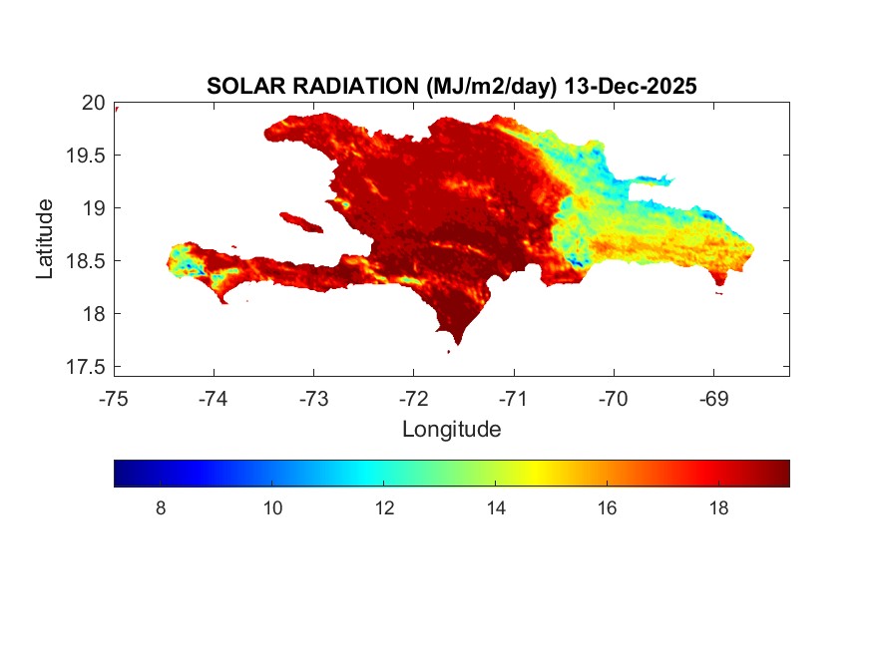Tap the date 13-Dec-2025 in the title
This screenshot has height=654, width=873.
[630, 87]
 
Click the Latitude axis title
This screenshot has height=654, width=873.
[45, 238]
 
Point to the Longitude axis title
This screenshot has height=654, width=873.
[451, 430]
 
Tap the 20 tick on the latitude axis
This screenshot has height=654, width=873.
[93, 103]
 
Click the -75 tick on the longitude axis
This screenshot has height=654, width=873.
[114, 399]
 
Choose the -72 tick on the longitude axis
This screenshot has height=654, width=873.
[413, 399]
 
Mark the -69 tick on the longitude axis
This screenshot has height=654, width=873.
[712, 399]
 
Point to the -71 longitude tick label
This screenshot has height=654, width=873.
[513, 399]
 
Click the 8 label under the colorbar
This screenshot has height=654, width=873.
[162, 508]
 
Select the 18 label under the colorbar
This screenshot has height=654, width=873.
[717, 508]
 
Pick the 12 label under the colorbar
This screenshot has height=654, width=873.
[384, 508]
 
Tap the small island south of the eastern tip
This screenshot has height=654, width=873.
[719, 293]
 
